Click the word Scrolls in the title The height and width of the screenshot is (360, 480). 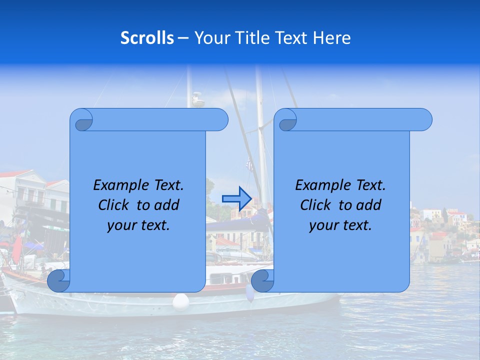[147, 38]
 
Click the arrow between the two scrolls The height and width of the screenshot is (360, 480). [236, 198]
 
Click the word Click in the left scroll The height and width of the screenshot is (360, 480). [114, 205]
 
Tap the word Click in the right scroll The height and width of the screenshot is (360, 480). [316, 205]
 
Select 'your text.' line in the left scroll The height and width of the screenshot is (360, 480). [138, 225]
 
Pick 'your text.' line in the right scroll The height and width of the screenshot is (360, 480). [340, 225]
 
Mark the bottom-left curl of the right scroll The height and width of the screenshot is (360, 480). [262, 281]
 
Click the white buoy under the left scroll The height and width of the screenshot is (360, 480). [181, 301]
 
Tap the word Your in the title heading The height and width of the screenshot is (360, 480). [210, 38]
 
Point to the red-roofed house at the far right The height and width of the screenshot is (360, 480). [456, 217]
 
